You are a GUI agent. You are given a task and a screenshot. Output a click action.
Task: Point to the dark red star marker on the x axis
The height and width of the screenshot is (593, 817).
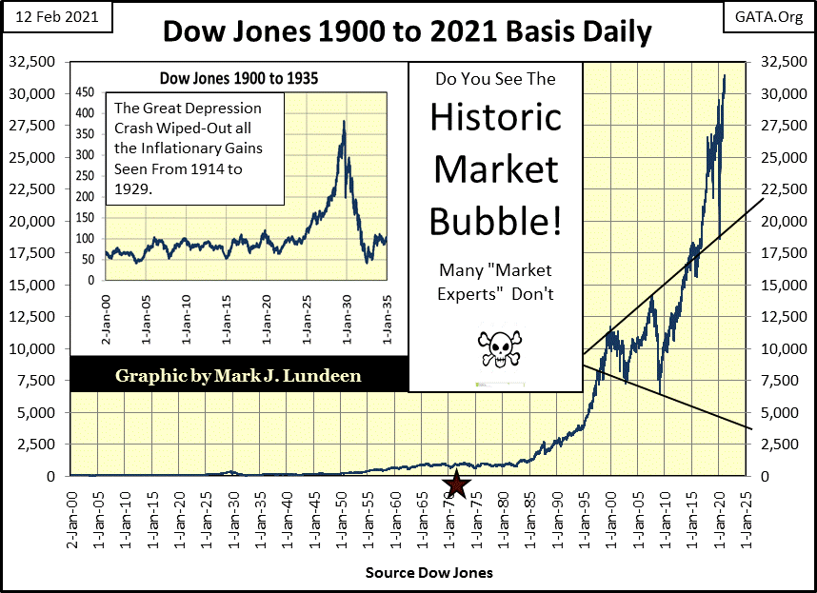(458, 484)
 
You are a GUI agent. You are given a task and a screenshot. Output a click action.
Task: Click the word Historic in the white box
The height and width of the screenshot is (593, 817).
(495, 118)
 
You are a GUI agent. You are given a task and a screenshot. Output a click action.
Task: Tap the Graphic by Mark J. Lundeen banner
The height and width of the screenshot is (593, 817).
(238, 374)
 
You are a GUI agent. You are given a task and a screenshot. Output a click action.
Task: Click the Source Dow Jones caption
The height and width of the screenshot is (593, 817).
(428, 574)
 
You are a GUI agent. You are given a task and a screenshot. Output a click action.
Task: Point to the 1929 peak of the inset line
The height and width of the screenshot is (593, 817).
(343, 122)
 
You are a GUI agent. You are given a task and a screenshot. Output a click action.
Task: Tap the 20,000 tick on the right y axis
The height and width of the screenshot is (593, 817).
(775, 221)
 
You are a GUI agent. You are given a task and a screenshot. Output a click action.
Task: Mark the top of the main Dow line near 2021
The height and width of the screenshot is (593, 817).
(725, 76)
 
